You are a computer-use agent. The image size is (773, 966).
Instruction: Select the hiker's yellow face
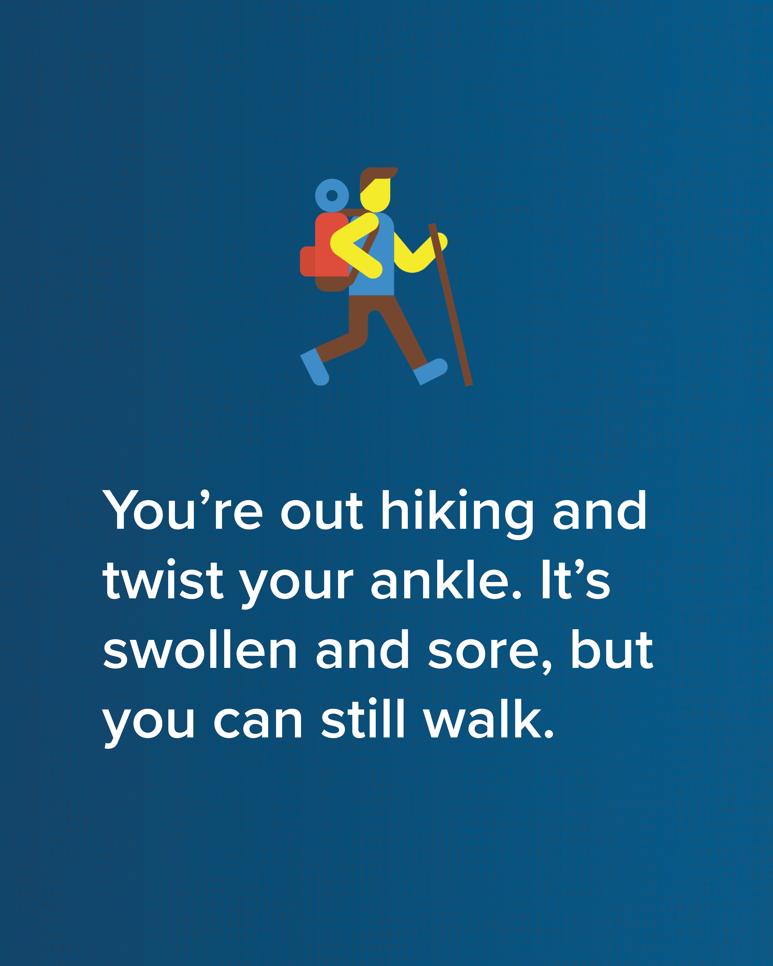pyautogui.click(x=376, y=195)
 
